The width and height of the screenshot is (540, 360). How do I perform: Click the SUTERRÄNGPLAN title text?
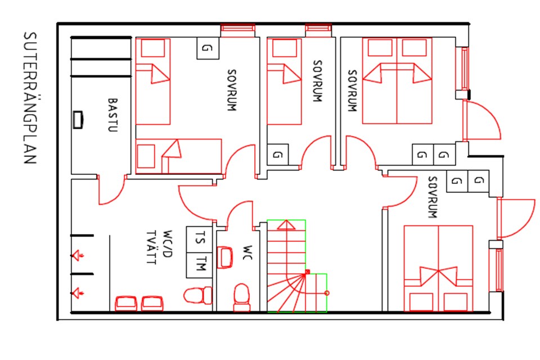click(x=30, y=98)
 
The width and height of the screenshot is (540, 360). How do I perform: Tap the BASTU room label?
click(x=112, y=115)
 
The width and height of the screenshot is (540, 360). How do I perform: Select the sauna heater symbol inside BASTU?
click(x=78, y=120)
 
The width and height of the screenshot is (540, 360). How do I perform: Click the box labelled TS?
click(x=199, y=240)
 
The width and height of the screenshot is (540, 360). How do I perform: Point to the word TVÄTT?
click(x=151, y=247)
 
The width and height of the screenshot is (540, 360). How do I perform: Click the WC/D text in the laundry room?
click(x=167, y=244)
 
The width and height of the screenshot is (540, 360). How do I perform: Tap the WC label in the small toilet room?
click(x=247, y=253)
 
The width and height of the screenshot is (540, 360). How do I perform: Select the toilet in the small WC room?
click(x=242, y=298)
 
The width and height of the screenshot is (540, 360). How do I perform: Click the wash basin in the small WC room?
click(x=225, y=257)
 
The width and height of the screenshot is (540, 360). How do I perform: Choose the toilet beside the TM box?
click(x=198, y=295)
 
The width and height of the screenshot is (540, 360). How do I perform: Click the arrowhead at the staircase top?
click(x=286, y=225)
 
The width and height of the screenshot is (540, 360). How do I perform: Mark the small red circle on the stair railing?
click(x=327, y=293)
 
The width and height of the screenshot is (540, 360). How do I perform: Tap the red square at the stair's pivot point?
click(x=308, y=272)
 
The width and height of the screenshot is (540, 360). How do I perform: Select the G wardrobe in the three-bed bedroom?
click(x=208, y=48)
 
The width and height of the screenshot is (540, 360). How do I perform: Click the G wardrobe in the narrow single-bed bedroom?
click(x=277, y=155)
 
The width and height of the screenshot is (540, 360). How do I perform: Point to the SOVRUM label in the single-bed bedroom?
click(x=317, y=81)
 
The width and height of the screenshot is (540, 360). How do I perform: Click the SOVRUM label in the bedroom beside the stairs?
click(x=433, y=197)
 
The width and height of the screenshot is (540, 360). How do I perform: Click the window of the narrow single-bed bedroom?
click(x=318, y=30)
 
